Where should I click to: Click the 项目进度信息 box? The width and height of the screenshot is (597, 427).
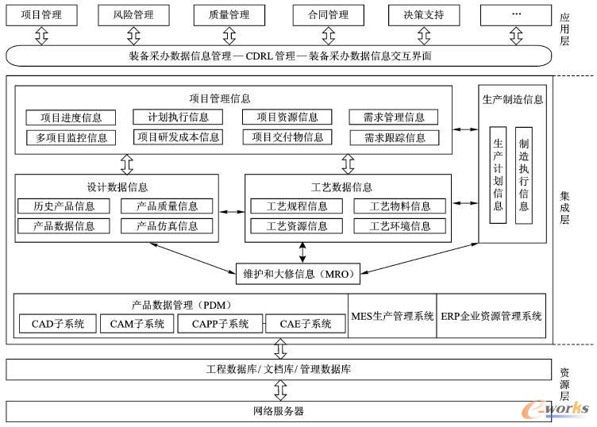click(x=71, y=117)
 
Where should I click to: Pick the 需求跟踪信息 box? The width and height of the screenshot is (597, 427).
click(x=394, y=137)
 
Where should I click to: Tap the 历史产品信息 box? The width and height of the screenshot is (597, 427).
click(x=64, y=206)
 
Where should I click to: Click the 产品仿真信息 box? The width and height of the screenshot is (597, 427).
click(x=167, y=225)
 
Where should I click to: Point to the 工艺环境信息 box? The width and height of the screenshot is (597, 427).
click(x=400, y=225)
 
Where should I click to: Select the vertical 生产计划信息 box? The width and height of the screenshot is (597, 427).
click(x=499, y=175)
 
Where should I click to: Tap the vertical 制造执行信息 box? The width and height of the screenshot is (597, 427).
click(x=524, y=175)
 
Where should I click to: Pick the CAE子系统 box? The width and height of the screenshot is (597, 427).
click(x=306, y=324)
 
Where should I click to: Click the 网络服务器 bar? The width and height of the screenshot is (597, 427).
click(x=277, y=411)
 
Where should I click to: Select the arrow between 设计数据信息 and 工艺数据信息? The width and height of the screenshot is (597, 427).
click(x=232, y=212)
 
